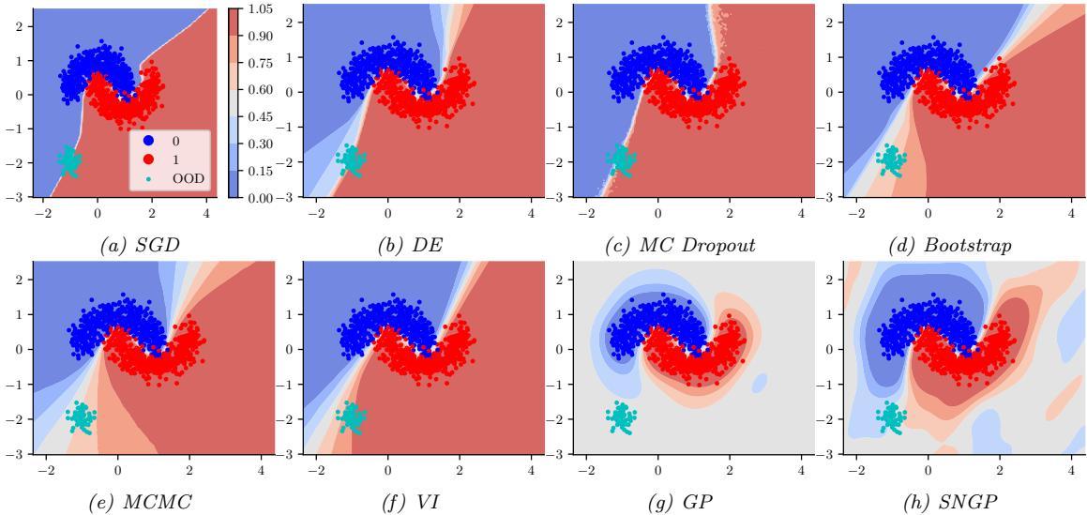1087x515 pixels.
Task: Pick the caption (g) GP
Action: pos(676,499)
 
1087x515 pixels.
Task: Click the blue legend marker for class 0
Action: pos(147,140)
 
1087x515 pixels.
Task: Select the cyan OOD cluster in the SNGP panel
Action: pos(892,416)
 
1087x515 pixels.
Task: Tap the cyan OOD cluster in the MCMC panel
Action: pos(82,416)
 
